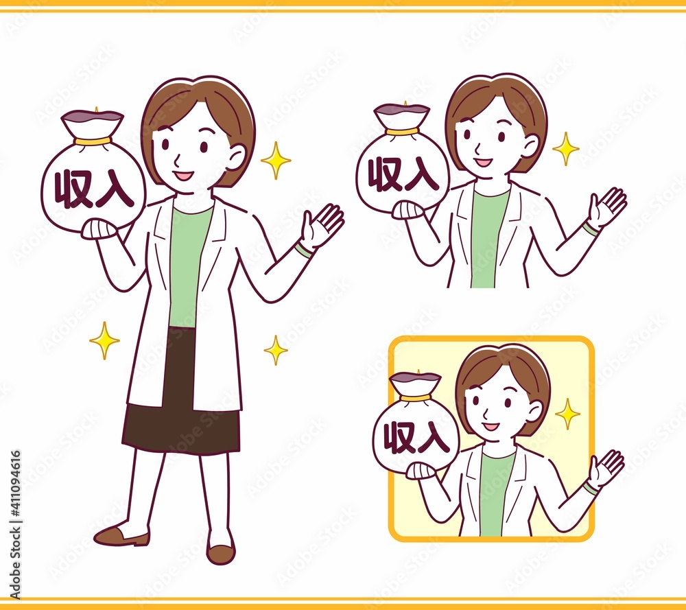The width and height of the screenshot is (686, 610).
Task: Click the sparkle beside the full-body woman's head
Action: [x=276, y=160]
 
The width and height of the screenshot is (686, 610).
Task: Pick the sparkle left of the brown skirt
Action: [x=104, y=340]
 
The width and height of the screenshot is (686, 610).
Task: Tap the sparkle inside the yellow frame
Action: [x=567, y=414]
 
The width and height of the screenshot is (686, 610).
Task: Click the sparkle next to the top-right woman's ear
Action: [x=566, y=149]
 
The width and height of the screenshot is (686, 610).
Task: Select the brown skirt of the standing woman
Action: [x=180, y=394]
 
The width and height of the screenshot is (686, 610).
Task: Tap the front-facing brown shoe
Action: [x=220, y=554]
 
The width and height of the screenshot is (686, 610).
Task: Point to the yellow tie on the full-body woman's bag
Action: [x=93, y=141]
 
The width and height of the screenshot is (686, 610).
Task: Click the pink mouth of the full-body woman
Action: [x=183, y=176]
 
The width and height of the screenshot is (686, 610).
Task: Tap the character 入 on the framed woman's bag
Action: [x=433, y=436]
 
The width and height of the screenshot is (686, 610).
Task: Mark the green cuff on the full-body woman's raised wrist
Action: [x=303, y=250]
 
